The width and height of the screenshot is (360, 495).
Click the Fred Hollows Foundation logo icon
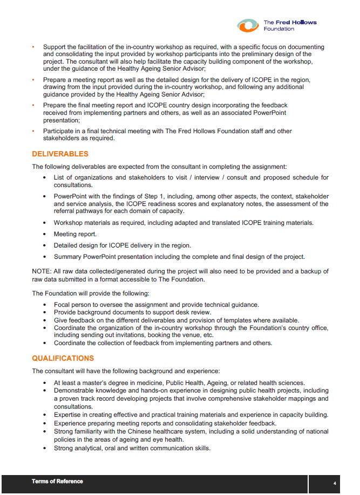(248, 25)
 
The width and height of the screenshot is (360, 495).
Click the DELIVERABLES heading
(60, 154)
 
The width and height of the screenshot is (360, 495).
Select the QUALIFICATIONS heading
(63, 358)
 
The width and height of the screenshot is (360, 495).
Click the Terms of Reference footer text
(57, 481)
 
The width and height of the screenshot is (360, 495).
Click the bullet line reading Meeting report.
(75, 234)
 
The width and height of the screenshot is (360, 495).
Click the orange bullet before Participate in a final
(33, 130)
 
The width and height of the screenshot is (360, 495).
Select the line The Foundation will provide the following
(91, 293)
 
